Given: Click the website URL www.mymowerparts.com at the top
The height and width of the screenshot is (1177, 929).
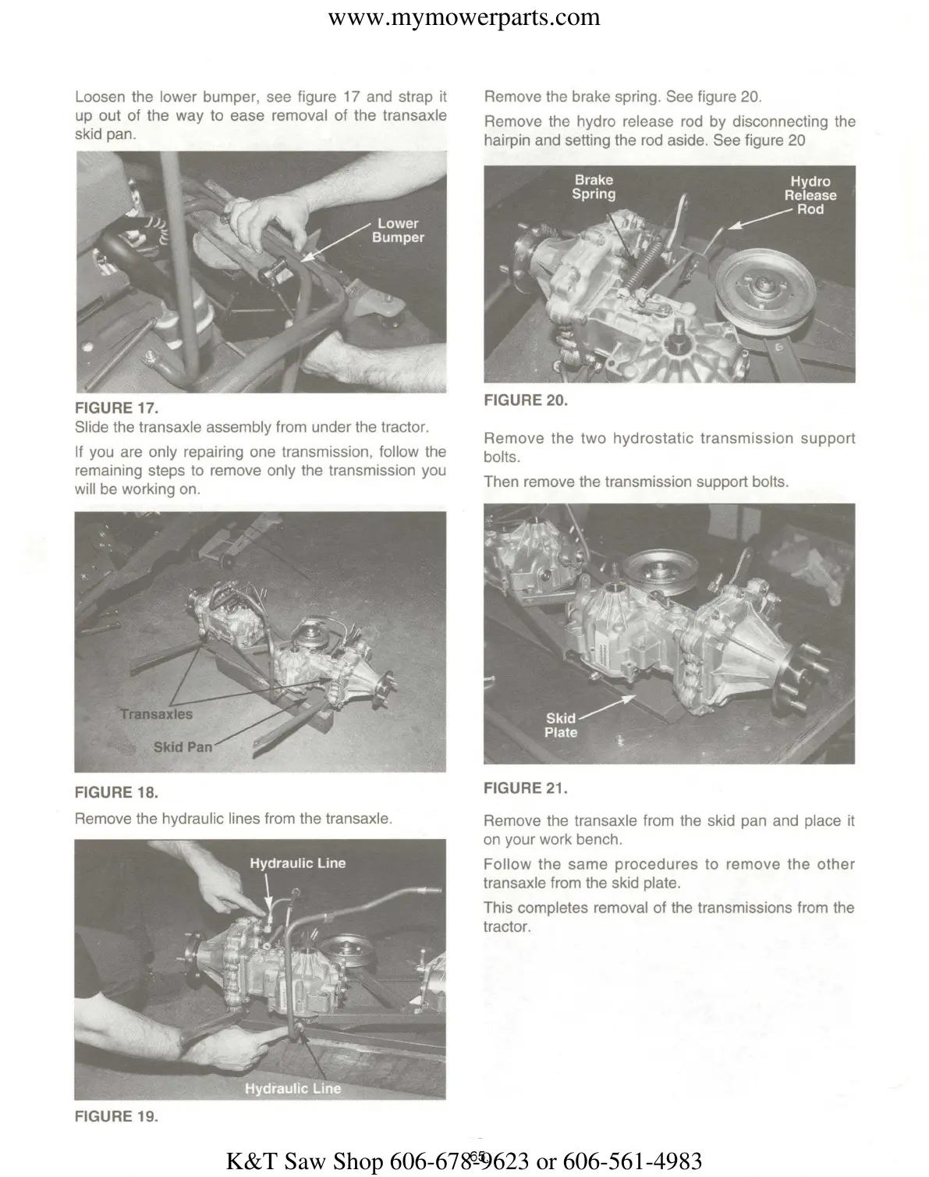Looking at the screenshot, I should coord(464,17).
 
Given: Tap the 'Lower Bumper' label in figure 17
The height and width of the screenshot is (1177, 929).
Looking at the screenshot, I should coord(398,230).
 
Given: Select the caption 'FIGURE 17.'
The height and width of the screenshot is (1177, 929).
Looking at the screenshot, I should coord(116,407).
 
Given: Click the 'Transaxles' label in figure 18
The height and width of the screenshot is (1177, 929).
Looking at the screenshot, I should coord(156,713).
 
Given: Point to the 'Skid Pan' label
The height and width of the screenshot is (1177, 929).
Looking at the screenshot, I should coord(183,747).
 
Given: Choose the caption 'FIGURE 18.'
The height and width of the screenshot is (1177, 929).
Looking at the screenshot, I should coord(116,792).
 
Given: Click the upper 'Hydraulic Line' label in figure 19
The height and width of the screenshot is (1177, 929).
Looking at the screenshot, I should coord(297,863).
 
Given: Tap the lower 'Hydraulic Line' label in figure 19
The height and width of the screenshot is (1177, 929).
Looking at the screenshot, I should coord(293,1088).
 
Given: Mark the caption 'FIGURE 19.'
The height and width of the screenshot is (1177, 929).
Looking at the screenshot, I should coord(116,1116).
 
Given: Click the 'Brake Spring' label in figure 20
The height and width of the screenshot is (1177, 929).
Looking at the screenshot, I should coord(594,187).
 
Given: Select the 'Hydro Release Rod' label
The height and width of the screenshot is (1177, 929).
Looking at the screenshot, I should coord(810,195).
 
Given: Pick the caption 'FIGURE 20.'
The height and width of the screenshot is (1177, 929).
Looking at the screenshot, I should coord(526,400).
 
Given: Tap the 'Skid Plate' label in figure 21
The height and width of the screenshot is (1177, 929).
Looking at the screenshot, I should coord(561,725).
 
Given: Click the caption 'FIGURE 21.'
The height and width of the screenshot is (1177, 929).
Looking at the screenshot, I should coord(526,788).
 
